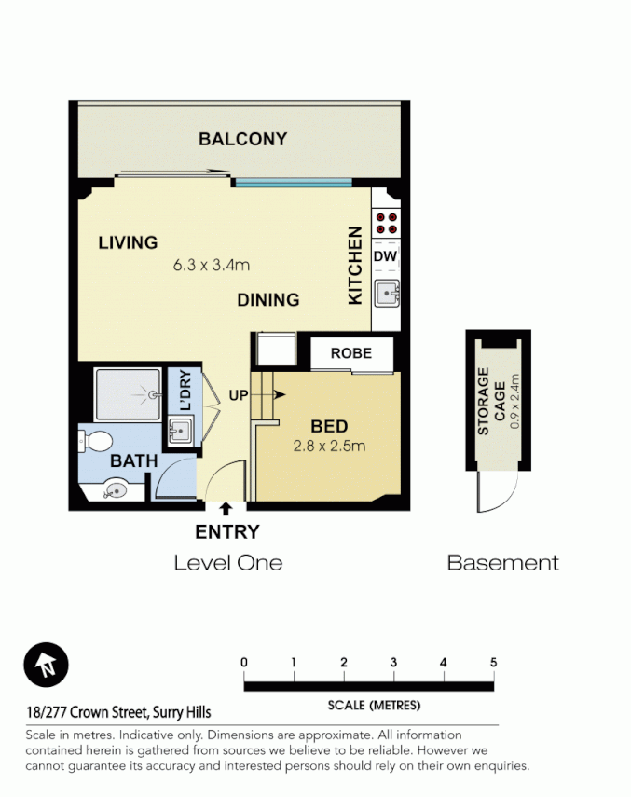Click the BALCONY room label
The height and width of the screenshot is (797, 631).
[242, 140]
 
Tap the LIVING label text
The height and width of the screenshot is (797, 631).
[128, 243]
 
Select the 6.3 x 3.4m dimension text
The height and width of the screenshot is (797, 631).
[212, 265]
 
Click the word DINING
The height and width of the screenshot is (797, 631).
[267, 300]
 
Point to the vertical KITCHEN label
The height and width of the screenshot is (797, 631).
[355, 265]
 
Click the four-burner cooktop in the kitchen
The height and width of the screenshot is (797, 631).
[386, 224]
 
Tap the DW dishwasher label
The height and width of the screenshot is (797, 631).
[385, 256]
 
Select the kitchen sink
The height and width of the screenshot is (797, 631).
[386, 294]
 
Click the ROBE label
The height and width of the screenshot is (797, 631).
[350, 353]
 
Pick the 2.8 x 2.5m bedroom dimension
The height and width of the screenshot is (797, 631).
[328, 446]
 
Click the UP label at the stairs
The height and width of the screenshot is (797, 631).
[239, 395]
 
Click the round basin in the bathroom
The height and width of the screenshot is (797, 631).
[117, 488]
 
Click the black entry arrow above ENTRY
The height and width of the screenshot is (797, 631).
[226, 508]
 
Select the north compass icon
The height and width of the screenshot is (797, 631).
[46, 665]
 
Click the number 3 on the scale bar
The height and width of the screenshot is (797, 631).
[393, 663]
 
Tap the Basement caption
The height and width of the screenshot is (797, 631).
[502, 563]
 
